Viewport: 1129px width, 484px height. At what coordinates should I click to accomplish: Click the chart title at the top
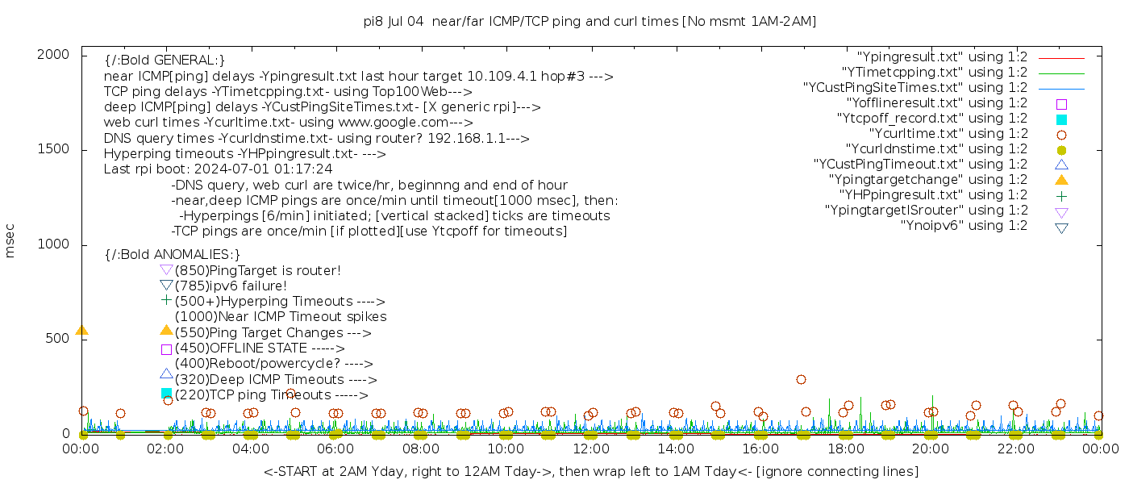(589, 22)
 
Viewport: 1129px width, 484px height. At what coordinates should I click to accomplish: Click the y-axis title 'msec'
(10, 240)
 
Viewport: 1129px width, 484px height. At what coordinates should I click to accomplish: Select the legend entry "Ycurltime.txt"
(948, 134)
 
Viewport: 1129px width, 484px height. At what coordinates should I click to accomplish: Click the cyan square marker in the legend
(1061, 119)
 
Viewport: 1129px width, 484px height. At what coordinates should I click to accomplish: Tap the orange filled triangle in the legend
(1061, 179)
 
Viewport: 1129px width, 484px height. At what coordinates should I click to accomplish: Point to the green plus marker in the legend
(1061, 195)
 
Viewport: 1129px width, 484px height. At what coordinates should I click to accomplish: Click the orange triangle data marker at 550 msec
(81, 330)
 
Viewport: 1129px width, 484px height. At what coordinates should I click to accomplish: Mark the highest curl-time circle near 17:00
(801, 379)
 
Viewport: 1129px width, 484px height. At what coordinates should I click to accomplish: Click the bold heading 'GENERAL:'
(165, 60)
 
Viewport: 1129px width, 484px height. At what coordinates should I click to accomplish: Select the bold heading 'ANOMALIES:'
(173, 255)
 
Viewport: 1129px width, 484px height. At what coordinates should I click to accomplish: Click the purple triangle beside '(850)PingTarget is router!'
(166, 269)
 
